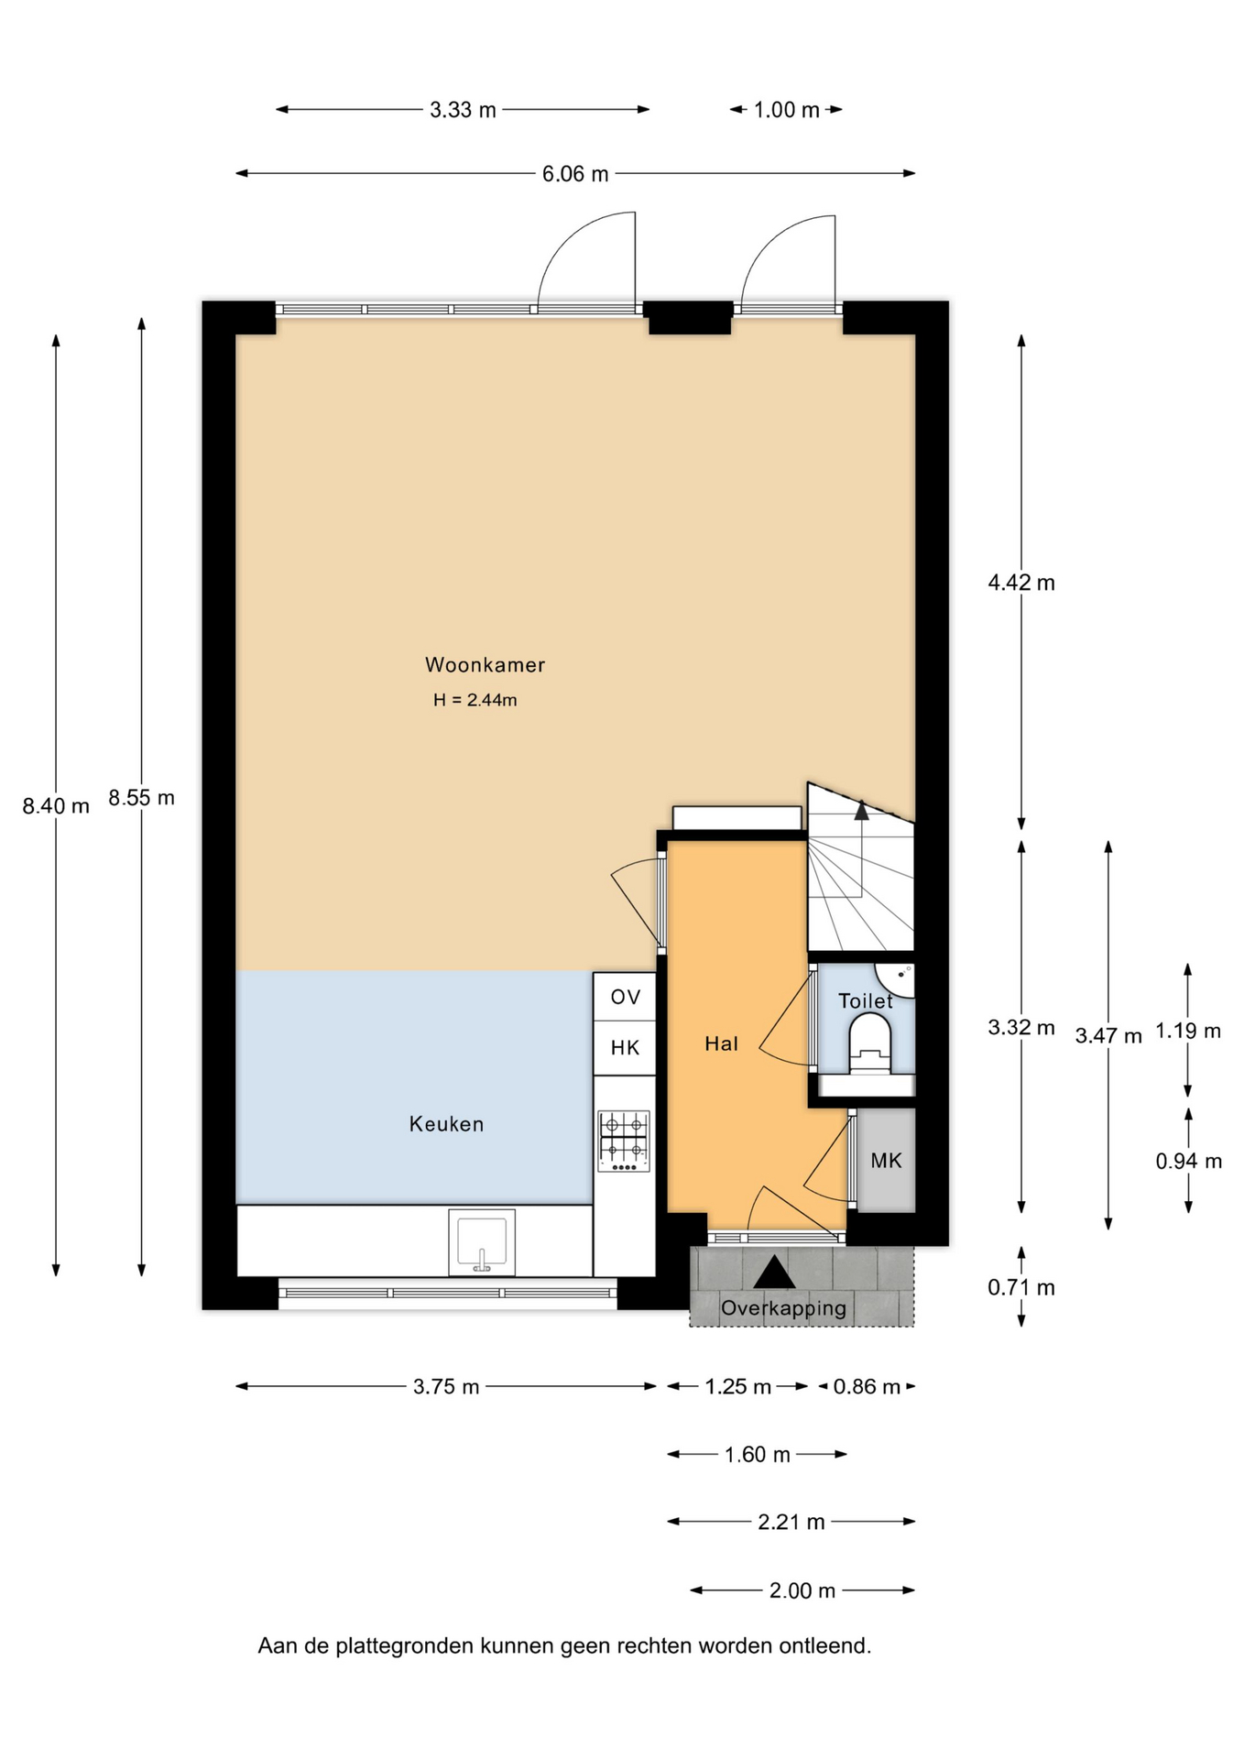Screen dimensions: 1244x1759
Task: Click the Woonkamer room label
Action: (x=485, y=665)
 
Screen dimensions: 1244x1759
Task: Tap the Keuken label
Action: (x=446, y=1124)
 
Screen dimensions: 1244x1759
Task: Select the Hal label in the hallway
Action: (x=721, y=1043)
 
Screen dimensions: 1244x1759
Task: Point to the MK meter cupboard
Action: (x=886, y=1161)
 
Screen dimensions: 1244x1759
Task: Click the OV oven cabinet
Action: (x=625, y=997)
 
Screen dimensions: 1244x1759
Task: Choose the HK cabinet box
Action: (x=625, y=1048)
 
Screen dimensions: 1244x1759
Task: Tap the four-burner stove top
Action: (x=624, y=1141)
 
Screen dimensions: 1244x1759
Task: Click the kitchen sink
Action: (x=482, y=1242)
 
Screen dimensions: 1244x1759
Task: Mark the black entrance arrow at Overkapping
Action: (x=774, y=1273)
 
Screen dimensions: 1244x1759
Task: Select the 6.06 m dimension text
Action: (x=575, y=174)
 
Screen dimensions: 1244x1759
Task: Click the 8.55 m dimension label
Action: (x=141, y=798)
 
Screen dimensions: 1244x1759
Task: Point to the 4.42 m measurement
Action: (x=1021, y=583)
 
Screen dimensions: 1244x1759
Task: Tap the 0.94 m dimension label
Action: (x=1188, y=1162)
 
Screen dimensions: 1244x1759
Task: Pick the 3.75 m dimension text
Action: (x=446, y=1387)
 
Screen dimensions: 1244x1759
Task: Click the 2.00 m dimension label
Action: (x=802, y=1590)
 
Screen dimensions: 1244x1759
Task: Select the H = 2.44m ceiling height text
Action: (x=475, y=701)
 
